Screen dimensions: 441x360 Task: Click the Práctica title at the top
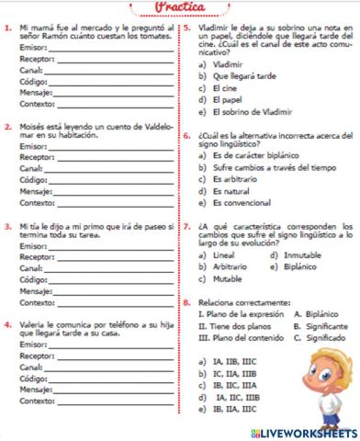tap(180, 9)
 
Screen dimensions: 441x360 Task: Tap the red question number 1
tap(8, 30)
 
